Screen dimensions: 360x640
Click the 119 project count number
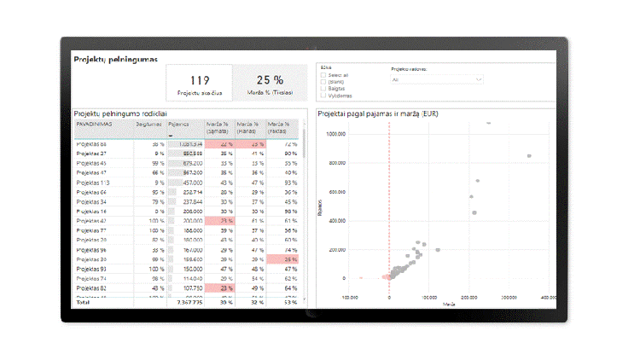point(199,80)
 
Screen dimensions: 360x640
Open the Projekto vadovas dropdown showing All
point(436,79)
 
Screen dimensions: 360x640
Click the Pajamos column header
point(179,124)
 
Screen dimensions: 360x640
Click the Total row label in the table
point(83,301)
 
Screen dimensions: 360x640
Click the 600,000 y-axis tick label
point(336,192)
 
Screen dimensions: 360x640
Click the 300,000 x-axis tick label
point(509,298)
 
